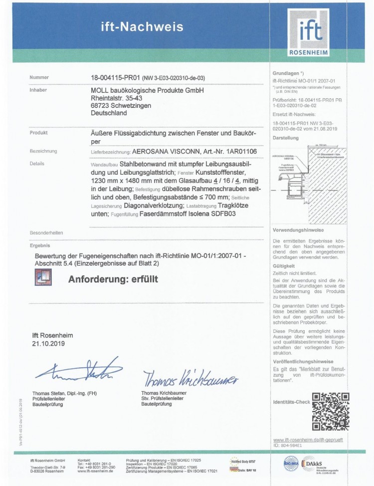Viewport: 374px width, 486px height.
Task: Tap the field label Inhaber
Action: tap(38, 90)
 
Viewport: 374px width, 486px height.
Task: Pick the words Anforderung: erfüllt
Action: tap(113, 279)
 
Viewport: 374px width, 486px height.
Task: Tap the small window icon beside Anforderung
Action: tap(43, 277)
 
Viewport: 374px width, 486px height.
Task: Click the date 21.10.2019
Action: tap(48, 344)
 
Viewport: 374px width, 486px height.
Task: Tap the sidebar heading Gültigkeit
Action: tap(283, 266)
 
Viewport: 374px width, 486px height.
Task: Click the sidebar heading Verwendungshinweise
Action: tap(298, 230)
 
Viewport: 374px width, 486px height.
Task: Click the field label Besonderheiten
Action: tap(46, 233)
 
